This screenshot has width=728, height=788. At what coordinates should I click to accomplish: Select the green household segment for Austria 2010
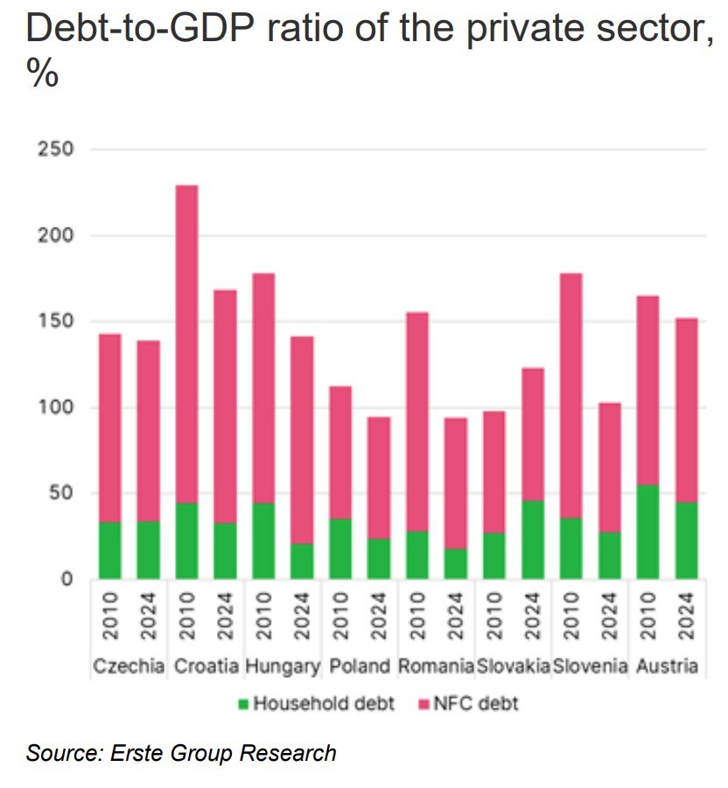[x=647, y=531]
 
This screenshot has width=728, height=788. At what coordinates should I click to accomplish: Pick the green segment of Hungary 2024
[x=302, y=560]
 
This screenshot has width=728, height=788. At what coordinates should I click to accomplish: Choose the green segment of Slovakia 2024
[x=533, y=539]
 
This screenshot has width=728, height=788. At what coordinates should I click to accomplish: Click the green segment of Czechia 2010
[x=109, y=550]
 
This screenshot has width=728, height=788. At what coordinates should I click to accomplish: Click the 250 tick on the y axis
[x=55, y=150]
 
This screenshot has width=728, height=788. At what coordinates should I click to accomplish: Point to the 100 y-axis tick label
[x=55, y=407]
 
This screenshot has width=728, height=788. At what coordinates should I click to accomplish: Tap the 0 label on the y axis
[x=66, y=579]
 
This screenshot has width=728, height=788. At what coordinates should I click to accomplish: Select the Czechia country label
[x=129, y=666]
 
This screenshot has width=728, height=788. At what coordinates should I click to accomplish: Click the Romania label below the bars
[x=436, y=666]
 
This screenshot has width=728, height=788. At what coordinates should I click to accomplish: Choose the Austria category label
[x=667, y=666]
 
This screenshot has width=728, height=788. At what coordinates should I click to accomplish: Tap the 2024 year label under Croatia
[x=225, y=617]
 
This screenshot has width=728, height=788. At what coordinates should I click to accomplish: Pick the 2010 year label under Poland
[x=340, y=617]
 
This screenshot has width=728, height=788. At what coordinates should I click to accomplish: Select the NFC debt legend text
[x=481, y=703]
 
